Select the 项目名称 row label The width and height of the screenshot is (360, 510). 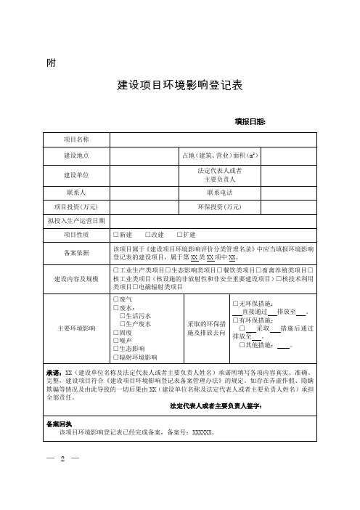[76, 139]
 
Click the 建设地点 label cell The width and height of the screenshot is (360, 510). [76, 155]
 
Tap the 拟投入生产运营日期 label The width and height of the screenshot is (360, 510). [76, 220]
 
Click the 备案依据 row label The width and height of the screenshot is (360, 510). [76, 253]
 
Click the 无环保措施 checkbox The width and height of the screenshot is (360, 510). [234, 303]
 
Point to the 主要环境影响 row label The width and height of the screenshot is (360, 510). [76, 328]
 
